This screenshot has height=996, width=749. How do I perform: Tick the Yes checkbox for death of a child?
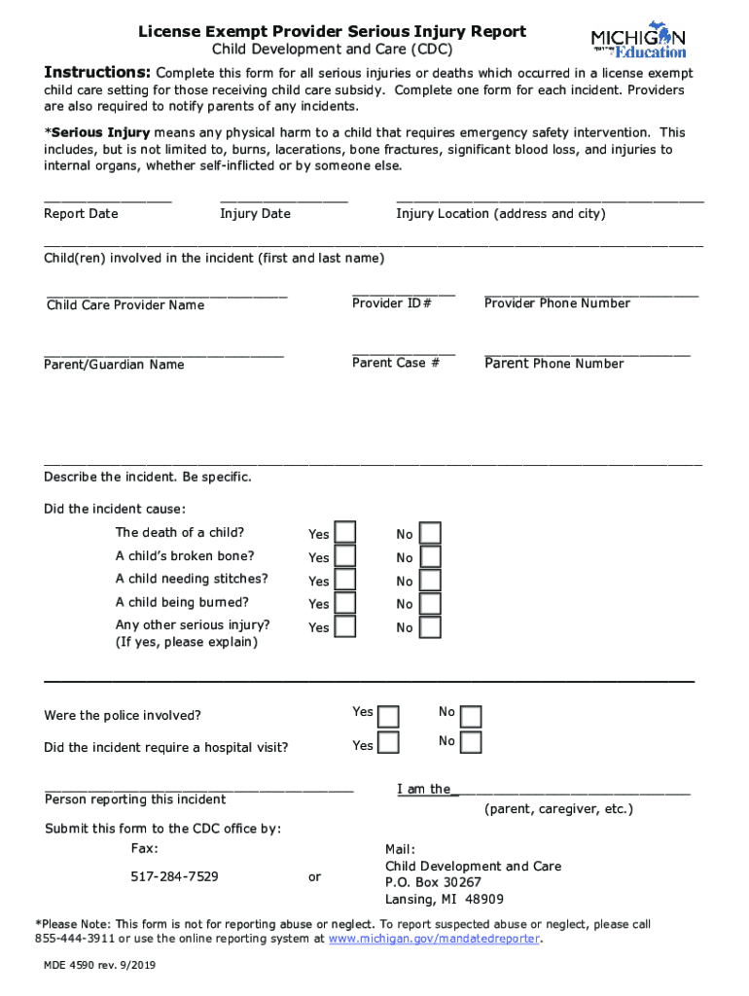345,533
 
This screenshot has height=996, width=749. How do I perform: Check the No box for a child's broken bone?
430,556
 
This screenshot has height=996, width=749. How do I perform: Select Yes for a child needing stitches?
345,580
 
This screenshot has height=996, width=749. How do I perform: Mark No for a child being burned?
430,603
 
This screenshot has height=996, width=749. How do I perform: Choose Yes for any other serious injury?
345,626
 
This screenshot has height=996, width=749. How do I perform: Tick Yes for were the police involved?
388,717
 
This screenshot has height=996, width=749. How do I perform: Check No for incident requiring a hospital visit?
471,743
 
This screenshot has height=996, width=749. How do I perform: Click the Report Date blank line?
108,200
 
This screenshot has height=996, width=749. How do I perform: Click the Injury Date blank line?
283,200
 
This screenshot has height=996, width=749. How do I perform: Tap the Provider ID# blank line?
403,292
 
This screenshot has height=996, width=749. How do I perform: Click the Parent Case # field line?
403,352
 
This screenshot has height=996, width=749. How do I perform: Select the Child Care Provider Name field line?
166,293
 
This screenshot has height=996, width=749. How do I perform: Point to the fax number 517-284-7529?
174,876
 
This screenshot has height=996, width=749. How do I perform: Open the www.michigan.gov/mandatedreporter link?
435,939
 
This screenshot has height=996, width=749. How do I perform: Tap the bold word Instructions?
96,73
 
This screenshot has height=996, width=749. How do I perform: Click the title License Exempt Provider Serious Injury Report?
332,32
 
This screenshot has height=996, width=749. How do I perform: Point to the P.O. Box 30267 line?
433,882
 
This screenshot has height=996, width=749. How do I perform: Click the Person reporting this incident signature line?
198,788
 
